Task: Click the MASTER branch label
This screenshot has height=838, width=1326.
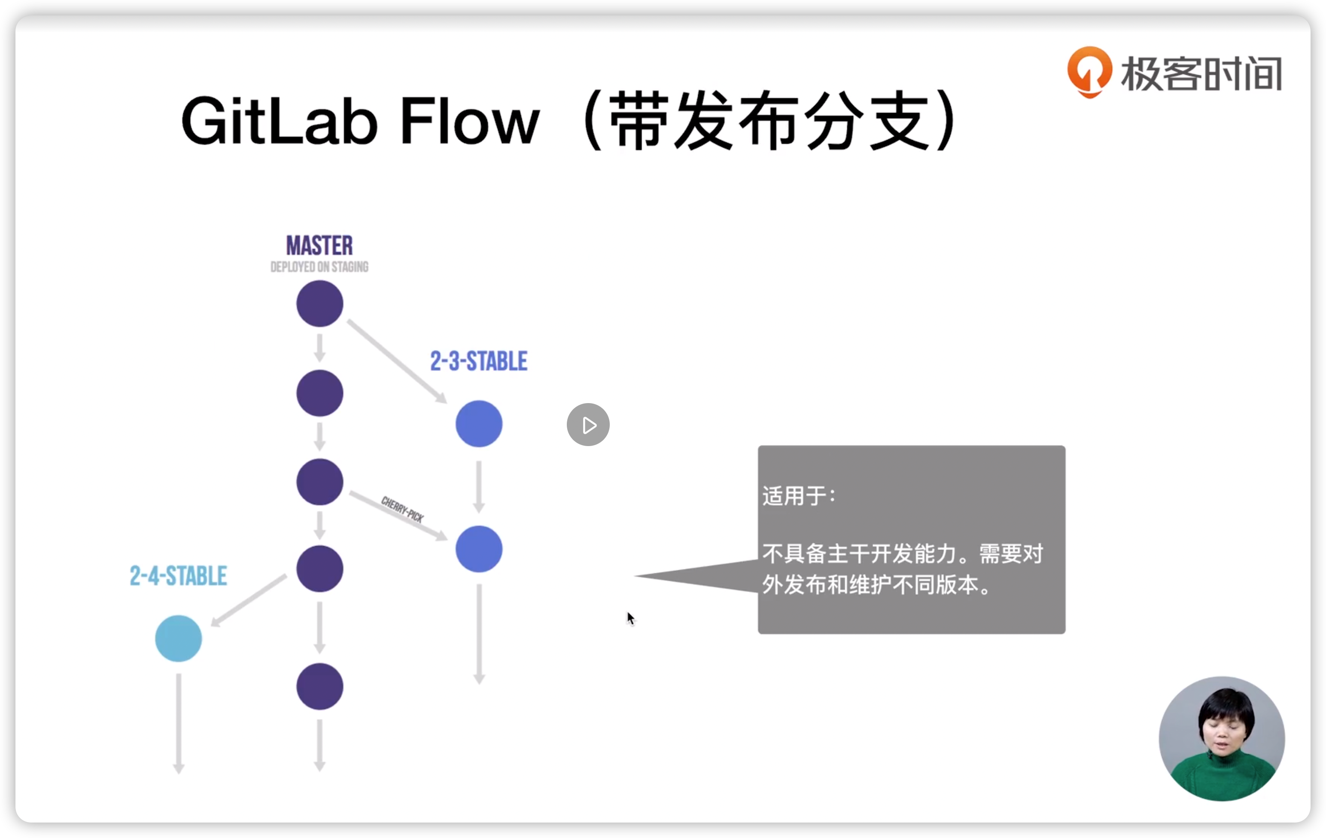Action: tap(319, 246)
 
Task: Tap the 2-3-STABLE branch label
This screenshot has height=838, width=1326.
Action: tap(478, 361)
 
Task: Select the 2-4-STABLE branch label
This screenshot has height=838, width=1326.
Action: tap(178, 576)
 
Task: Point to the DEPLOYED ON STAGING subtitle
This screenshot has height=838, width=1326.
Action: tap(319, 267)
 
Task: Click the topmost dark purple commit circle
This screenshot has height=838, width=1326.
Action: tap(319, 303)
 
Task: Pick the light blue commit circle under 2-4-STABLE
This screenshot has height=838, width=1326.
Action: tap(178, 639)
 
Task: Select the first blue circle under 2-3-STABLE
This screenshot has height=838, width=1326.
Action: tap(478, 424)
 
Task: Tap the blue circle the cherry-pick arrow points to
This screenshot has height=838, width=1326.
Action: tap(478, 549)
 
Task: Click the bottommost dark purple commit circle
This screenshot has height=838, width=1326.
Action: tap(319, 686)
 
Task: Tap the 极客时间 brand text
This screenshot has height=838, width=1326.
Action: tap(1201, 74)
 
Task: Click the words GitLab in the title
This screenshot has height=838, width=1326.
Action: tap(280, 121)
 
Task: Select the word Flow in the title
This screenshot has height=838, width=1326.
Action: tap(470, 121)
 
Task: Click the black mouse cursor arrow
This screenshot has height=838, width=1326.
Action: tap(630, 618)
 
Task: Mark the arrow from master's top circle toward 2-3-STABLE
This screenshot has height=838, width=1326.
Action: tap(396, 361)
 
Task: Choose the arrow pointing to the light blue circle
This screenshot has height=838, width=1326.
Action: tap(249, 600)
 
